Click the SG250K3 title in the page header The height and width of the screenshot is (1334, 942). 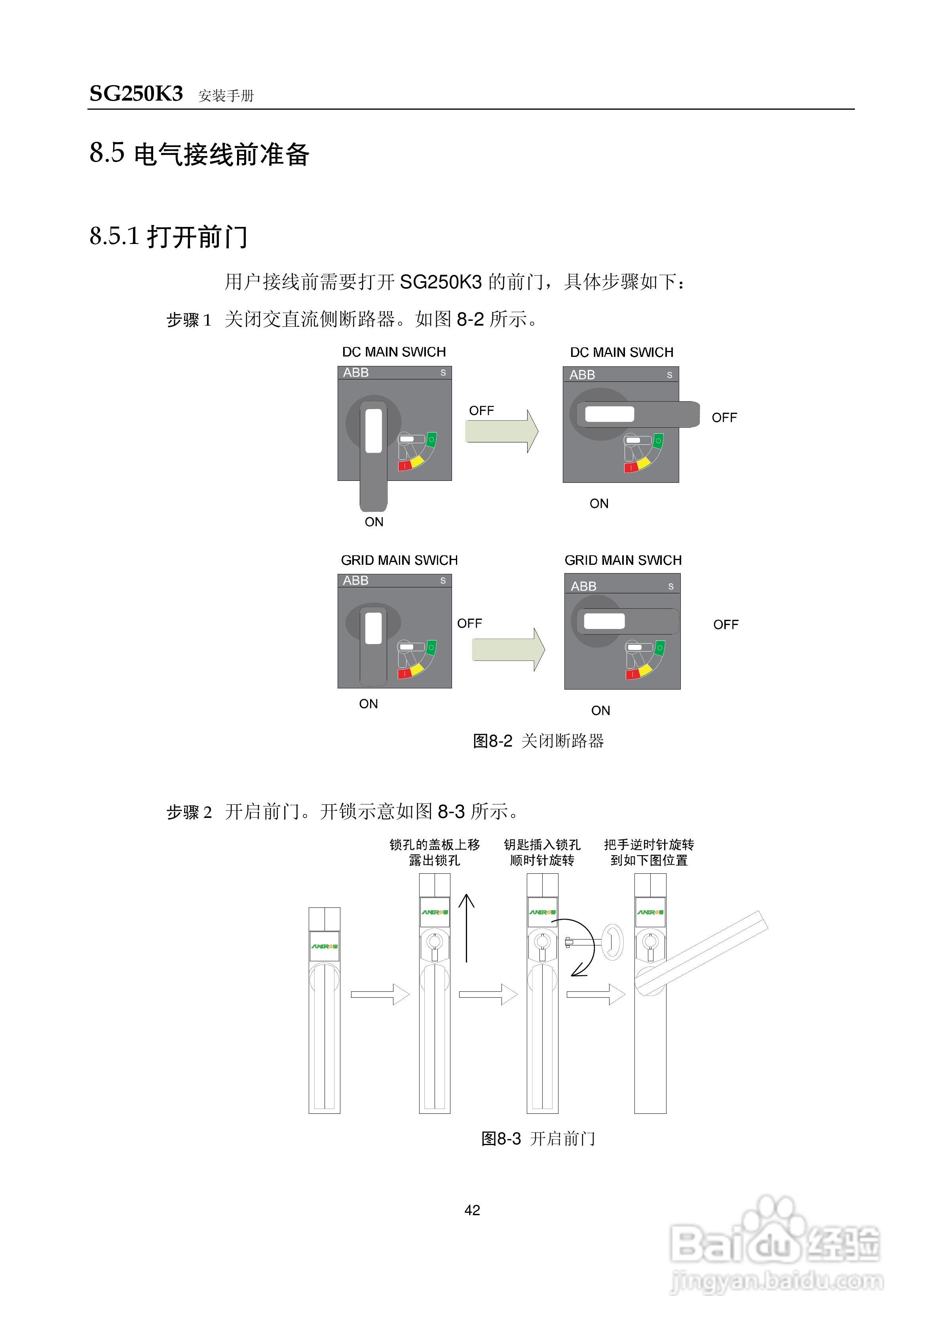136,93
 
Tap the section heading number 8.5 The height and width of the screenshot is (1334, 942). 107,153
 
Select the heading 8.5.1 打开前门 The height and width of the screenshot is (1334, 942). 169,236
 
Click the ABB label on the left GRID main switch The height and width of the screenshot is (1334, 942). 355,580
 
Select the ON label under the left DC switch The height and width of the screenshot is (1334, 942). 374,522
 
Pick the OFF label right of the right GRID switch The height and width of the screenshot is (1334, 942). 725,625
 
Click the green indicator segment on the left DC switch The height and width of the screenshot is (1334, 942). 431,439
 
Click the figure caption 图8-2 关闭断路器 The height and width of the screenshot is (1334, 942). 538,741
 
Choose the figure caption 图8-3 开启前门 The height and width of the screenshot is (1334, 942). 538,1138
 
